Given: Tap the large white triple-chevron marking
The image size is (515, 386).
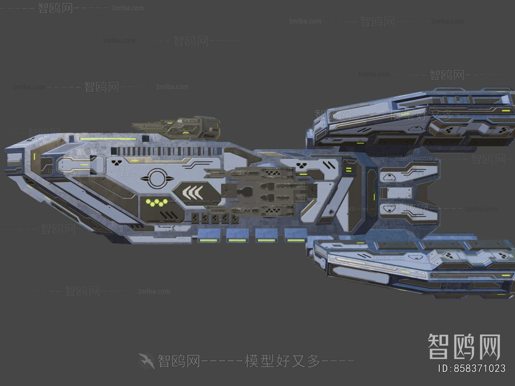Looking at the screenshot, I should (x=192, y=193).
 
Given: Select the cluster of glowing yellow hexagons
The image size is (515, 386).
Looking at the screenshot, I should (x=157, y=202).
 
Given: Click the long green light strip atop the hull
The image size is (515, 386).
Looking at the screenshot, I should (x=108, y=139).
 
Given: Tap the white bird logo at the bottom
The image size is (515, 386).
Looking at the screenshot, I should (x=147, y=361).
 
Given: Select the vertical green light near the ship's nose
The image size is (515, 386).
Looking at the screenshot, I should (x=34, y=157).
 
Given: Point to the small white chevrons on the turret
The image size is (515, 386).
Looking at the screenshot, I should (x=180, y=121).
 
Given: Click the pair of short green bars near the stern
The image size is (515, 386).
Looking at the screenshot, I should (x=349, y=170).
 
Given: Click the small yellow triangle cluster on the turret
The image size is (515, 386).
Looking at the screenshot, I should (x=186, y=132).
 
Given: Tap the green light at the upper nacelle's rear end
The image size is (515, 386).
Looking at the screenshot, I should (x=506, y=110).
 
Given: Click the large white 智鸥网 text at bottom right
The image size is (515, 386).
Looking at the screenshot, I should (x=464, y=346).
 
